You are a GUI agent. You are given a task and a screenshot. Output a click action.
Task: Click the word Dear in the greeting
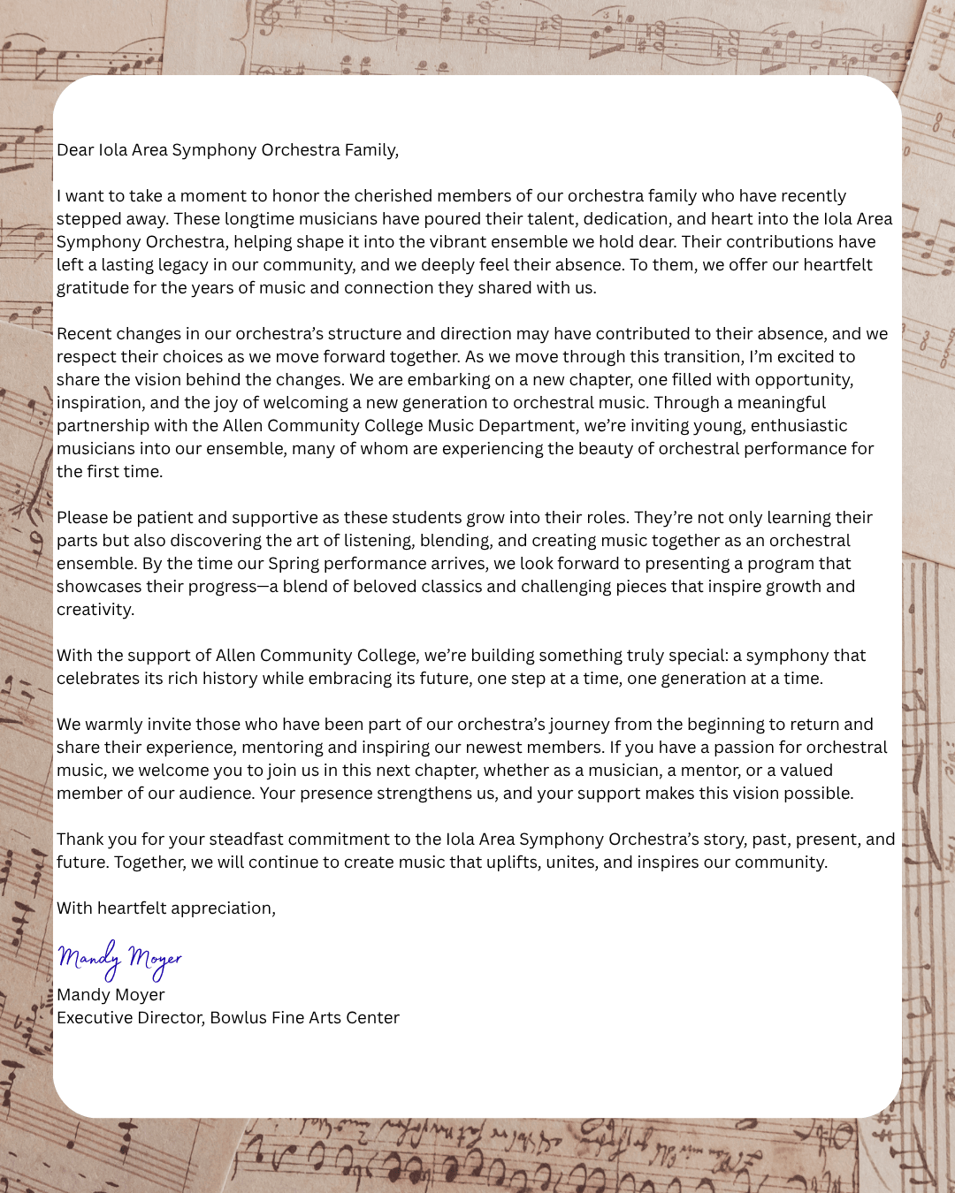click(x=75, y=150)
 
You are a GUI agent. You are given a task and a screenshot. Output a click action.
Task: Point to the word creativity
click(x=95, y=610)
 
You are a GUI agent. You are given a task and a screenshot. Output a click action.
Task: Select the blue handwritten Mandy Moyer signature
click(x=119, y=959)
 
